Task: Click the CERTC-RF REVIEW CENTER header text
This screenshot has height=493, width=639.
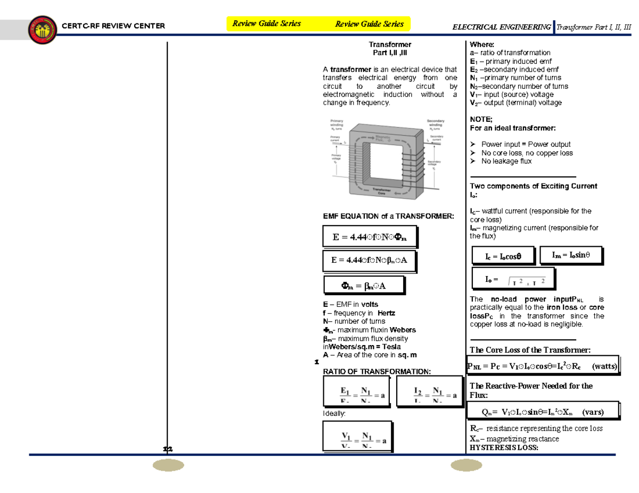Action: click(x=113, y=26)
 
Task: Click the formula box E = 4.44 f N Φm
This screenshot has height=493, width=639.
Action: click(x=369, y=238)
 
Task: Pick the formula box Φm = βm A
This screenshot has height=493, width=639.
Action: click(x=364, y=286)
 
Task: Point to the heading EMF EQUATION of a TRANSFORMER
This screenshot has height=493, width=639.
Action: click(x=389, y=216)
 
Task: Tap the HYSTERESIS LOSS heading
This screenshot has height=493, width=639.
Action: click(x=504, y=448)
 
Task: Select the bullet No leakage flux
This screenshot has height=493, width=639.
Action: click(x=506, y=161)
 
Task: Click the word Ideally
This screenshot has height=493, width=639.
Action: click(x=334, y=413)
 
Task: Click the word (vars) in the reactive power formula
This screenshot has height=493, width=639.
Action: click(x=593, y=412)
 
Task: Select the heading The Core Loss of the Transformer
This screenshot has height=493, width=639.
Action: click(x=530, y=349)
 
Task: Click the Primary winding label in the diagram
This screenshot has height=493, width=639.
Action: click(x=337, y=123)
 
